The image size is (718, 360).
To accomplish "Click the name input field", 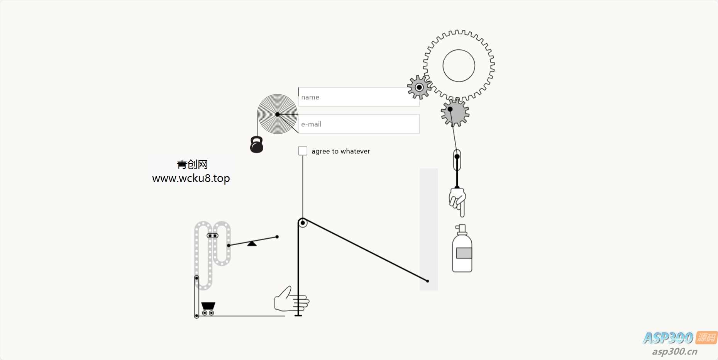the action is coord(359,97).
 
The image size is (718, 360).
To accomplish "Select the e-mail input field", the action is coord(359,124).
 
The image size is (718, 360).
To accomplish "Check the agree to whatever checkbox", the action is coord(303,151).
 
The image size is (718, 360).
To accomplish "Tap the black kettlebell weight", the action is coord(257,145).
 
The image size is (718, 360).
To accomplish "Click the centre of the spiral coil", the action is coord(277,114).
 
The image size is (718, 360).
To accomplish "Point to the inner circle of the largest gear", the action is coord(459,66).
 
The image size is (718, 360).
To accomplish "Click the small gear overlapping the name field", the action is coord(419,87).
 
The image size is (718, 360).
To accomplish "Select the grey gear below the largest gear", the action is coord(455,112).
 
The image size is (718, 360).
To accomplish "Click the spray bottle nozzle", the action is coord(461,229).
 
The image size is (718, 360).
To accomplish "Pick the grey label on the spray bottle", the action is coord(464,253).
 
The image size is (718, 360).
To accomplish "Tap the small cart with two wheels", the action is coord(208,309).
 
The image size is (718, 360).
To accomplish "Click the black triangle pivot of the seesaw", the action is coord(252,243).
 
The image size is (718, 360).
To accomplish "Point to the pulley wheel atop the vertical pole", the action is coord(303,223).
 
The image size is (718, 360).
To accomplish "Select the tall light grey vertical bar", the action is coord(429,229).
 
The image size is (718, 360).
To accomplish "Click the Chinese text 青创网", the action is coord(192,165).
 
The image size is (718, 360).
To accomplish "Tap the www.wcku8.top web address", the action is coord(191,178).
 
